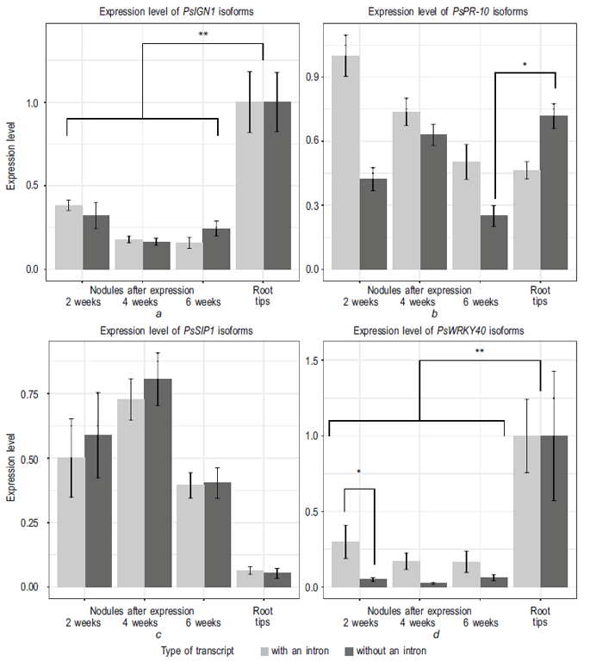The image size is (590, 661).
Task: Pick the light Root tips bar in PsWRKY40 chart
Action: tap(527, 511)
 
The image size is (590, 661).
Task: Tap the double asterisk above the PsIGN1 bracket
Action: tap(203, 35)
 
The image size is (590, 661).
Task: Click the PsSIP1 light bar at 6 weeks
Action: tap(190, 535)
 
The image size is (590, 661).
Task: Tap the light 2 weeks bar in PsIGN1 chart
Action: tap(69, 237)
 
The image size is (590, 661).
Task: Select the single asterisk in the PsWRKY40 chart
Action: tap(359, 472)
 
